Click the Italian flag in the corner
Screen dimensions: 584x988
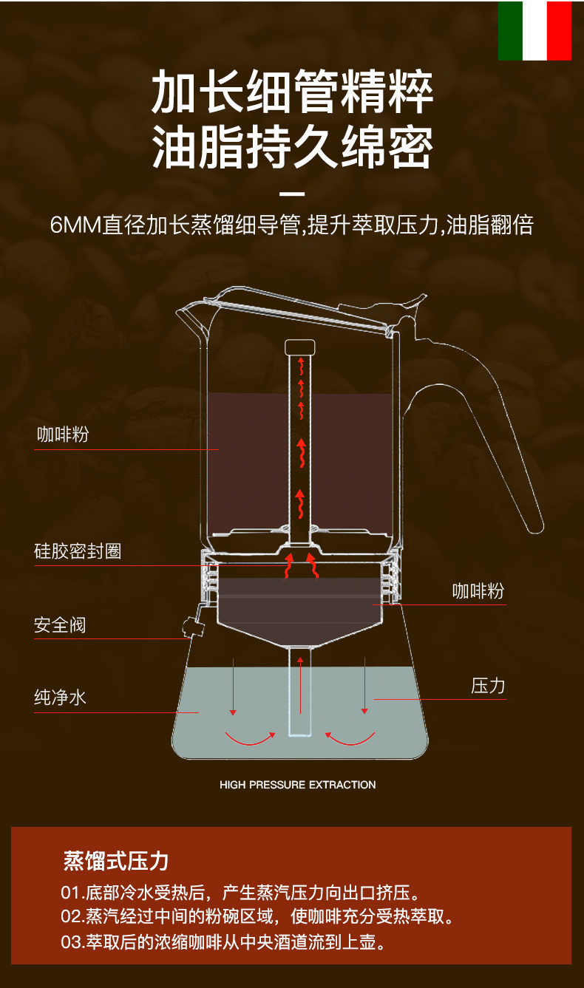pyautogui.click(x=534, y=30)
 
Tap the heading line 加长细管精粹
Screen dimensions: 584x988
pyautogui.click(x=292, y=92)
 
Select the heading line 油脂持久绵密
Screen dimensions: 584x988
pyautogui.click(x=292, y=146)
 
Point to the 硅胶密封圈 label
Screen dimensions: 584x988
pyautogui.click(x=78, y=551)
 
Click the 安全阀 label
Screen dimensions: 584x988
pyautogui.click(x=60, y=625)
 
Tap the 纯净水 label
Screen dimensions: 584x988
pyautogui.click(x=60, y=697)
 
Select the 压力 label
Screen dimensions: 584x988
pyautogui.click(x=488, y=685)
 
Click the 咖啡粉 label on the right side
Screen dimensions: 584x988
pyautogui.click(x=478, y=591)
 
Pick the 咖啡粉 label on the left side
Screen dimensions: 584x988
pyautogui.click(x=63, y=435)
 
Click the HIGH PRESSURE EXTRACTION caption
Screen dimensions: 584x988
pyautogui.click(x=297, y=785)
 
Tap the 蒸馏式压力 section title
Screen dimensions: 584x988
pyautogui.click(x=116, y=861)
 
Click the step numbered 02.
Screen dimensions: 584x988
pyautogui.click(x=256, y=917)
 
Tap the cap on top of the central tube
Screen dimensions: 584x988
pyautogui.click(x=300, y=347)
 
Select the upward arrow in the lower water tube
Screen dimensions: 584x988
pyautogui.click(x=300, y=684)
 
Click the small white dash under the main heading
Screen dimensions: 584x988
pyautogui.click(x=293, y=195)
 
